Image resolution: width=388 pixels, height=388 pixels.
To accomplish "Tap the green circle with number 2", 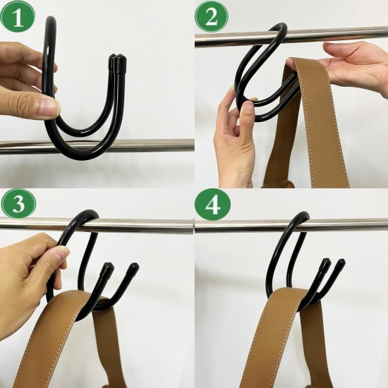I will (211, 16).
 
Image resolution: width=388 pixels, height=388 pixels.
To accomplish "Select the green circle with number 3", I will (17, 205).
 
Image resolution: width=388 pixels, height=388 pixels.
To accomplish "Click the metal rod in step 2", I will (339, 35).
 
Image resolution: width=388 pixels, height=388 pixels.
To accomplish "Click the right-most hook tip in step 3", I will (133, 269).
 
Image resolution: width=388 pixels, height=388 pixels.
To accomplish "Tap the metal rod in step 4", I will (353, 224).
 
